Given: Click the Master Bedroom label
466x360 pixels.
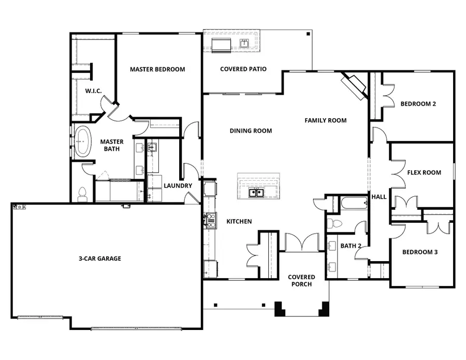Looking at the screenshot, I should point(157,69).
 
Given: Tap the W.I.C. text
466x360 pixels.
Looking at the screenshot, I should point(93,91).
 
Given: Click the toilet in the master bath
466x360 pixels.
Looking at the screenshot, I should point(81,194).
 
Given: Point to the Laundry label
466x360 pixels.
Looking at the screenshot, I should point(178,186).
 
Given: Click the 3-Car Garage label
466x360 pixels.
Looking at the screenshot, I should point(100,258).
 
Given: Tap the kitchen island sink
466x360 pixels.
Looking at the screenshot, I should point(255,193).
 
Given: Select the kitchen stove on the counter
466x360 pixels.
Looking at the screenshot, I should point(211,221).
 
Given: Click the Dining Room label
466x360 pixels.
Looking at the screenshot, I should point(251,131).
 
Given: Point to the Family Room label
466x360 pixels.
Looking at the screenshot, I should point(325,121).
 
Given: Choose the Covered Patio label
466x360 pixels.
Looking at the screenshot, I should point(243,69).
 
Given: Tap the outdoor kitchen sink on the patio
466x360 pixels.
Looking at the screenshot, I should point(243,43).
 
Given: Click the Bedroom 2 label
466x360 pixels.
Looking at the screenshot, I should point(418,104).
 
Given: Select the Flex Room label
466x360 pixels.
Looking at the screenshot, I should point(424,172).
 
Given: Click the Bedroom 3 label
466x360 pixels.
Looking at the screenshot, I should point(420,252).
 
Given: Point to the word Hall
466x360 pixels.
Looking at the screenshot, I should point(379,197).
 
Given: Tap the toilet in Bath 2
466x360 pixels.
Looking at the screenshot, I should point(335,224).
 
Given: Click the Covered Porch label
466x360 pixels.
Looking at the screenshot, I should point(301,281).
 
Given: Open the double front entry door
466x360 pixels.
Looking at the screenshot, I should point(302,243).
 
